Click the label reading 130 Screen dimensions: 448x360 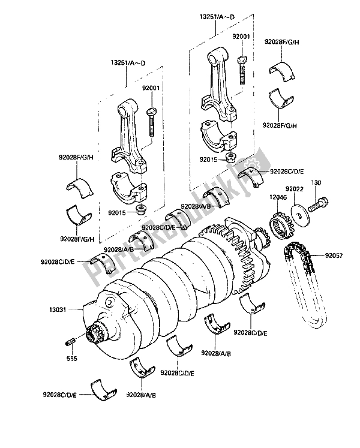(316, 182)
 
